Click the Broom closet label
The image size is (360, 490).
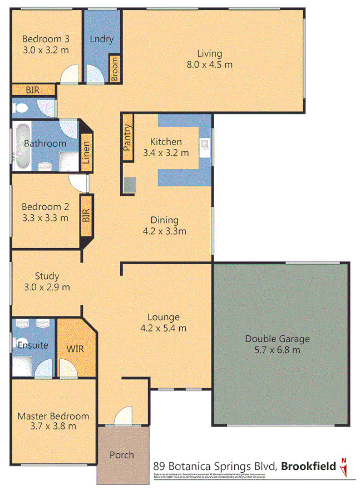pyautogui.click(x=115, y=69)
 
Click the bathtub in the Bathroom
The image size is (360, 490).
pyautogui.click(x=22, y=146)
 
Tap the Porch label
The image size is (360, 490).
pyautogui.click(x=121, y=455)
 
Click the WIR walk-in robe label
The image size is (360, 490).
pyautogui.click(x=75, y=349)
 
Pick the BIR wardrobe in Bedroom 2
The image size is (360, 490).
pyautogui.click(x=86, y=215)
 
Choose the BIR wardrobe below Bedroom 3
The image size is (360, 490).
pyautogui.click(x=33, y=90)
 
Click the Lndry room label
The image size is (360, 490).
pyautogui.click(x=101, y=39)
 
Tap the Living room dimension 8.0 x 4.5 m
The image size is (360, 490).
pyautogui.click(x=209, y=65)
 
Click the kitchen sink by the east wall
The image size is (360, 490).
pyautogui.click(x=205, y=146)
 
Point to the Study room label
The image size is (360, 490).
pyautogui.click(x=47, y=276)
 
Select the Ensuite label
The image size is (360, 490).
pyautogui.click(x=33, y=345)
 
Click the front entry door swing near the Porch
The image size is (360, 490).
pyautogui.click(x=124, y=415)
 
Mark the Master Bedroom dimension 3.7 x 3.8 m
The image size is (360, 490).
pyautogui.click(x=53, y=427)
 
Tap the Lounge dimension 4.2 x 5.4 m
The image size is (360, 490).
pyautogui.click(x=163, y=328)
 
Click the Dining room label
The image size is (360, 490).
pyautogui.click(x=163, y=220)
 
